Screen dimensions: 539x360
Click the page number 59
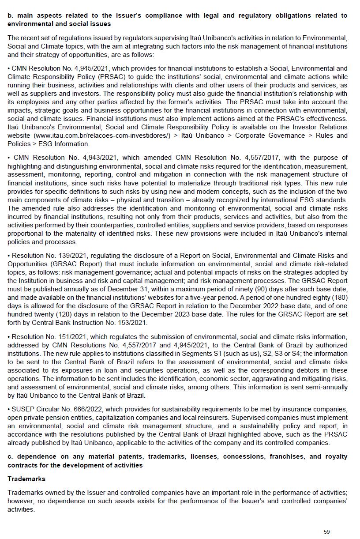[326, 531]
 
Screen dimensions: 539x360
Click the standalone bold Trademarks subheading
[26, 479]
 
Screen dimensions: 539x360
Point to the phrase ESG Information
[66, 144]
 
